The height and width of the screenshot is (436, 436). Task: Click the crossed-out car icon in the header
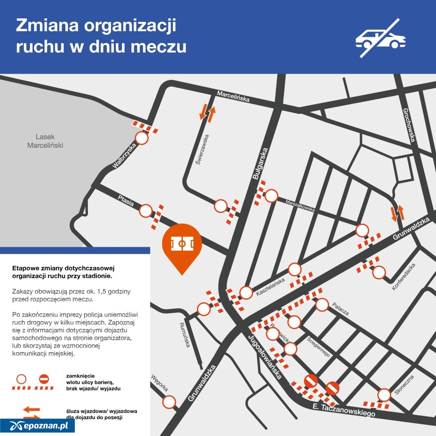[x=380, y=38]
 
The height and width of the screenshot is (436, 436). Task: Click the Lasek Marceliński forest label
[x=45, y=141]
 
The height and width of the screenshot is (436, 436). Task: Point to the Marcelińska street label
[x=233, y=96]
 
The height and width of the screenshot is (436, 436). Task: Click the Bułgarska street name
[x=261, y=163]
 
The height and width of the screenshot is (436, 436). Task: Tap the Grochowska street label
[x=409, y=125]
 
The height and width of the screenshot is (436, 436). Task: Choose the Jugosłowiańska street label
[x=265, y=357]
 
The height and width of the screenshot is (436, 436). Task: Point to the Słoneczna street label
[x=404, y=385]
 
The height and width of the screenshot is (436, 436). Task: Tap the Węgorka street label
[x=159, y=383]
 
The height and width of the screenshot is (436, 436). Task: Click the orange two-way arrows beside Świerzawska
[x=207, y=113]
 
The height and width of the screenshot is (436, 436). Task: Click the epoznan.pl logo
[x=38, y=425]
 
